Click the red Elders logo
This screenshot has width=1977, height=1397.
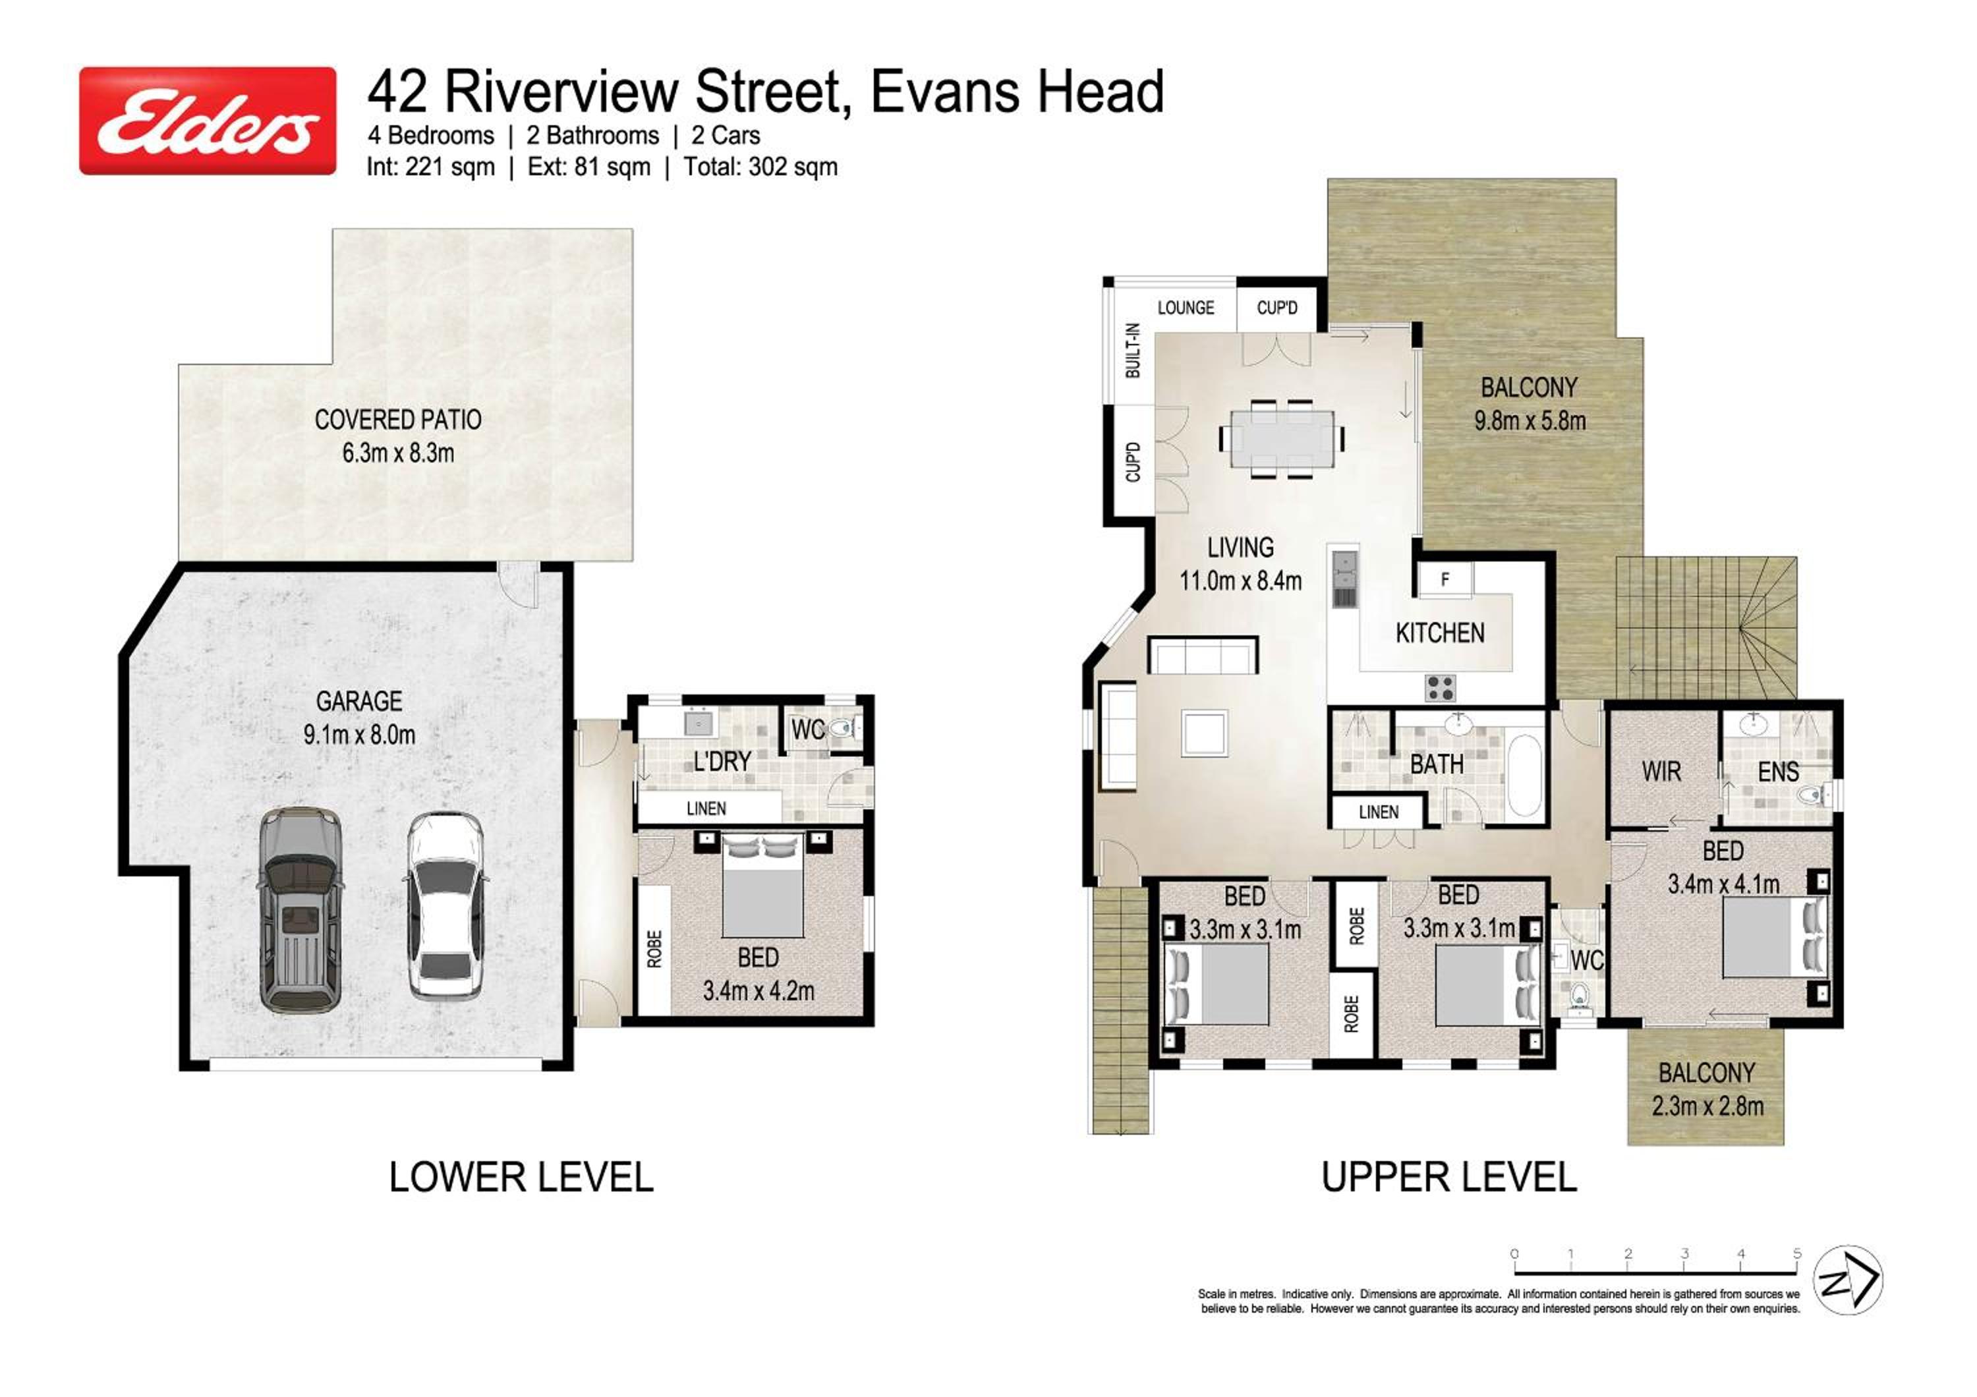point(208,121)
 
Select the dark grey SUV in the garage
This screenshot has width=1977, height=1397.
point(301,909)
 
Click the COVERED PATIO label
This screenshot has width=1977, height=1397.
point(398,419)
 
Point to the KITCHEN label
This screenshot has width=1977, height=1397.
point(1440,633)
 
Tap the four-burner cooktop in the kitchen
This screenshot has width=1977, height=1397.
point(1441,688)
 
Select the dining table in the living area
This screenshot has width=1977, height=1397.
point(1281,438)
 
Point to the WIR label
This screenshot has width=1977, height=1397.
point(1661,771)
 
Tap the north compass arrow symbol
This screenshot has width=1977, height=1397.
point(1848,1280)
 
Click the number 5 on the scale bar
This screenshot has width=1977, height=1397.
point(1797,1254)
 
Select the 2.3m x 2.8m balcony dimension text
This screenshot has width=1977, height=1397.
point(1707,1106)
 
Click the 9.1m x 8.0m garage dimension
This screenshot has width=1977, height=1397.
point(359,735)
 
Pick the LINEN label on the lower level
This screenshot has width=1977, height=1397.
point(706,809)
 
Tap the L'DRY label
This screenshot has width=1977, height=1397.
point(722,761)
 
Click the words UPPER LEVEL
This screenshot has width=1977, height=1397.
point(1449,1178)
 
